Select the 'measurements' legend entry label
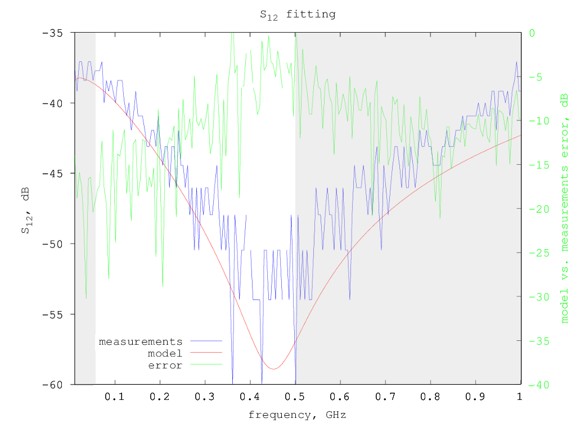[141, 341]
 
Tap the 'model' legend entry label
[165, 353]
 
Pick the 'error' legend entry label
[165, 366]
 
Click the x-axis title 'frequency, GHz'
[297, 416]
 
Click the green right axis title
[564, 208]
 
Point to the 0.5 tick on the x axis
[295, 397]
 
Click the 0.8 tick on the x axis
[430, 397]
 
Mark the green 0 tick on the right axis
[532, 33]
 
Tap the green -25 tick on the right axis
[537, 253]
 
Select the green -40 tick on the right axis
[537, 385]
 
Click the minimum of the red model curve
[273, 369]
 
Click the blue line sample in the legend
[206, 341]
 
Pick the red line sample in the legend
[206, 353]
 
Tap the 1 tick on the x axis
[520, 397]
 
